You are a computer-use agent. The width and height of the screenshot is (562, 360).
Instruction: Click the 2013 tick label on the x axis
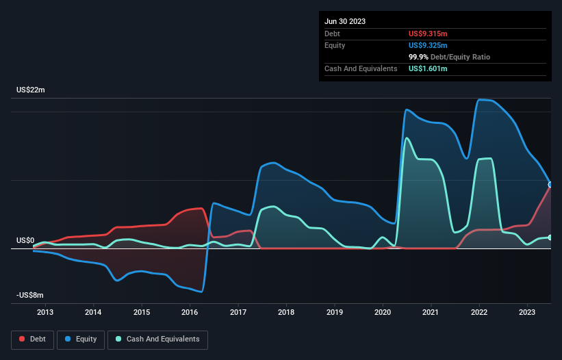click(45, 313)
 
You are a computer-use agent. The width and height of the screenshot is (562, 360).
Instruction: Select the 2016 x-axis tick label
click(190, 313)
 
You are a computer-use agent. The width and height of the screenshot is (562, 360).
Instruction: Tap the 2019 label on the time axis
click(335, 313)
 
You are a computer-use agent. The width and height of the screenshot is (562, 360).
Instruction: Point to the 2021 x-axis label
click(431, 313)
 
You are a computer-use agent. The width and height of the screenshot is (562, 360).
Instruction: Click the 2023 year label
click(528, 313)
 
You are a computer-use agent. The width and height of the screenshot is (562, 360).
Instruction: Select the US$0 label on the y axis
click(25, 240)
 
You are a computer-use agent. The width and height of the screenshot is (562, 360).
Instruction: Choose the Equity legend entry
click(81, 339)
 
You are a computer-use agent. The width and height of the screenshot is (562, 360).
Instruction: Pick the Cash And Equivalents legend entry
click(157, 339)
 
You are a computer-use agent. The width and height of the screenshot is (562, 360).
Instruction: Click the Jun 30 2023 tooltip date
click(345, 21)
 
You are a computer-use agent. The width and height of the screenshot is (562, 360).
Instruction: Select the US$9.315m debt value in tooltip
click(428, 34)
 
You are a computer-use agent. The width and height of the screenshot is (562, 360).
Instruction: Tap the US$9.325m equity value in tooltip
click(428, 45)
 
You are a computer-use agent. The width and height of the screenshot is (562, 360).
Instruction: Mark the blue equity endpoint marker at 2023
click(550, 185)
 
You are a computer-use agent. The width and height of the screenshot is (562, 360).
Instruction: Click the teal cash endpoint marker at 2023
click(550, 237)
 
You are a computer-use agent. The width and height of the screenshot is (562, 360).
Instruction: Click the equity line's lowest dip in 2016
click(201, 292)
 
